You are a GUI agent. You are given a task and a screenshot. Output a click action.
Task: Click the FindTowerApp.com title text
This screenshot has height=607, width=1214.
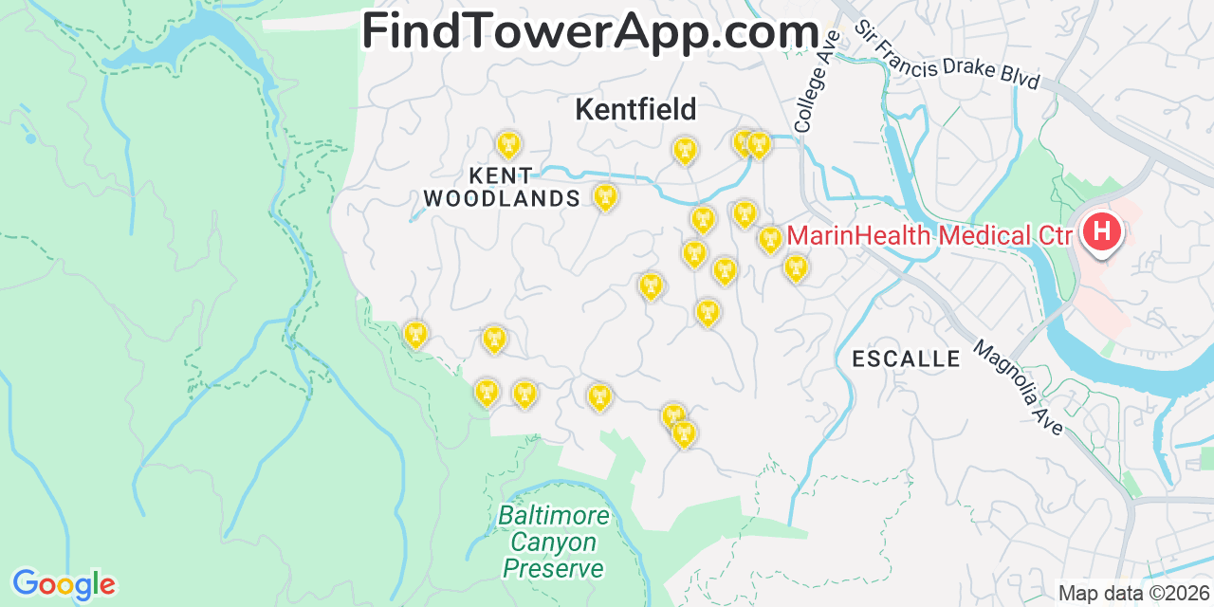click(590, 32)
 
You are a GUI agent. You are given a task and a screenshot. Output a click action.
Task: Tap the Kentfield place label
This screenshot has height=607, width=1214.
click(635, 110)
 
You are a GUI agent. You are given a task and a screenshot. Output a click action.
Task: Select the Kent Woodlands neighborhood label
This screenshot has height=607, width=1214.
click(502, 187)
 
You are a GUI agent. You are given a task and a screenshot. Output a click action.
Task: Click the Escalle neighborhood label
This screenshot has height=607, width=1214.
click(906, 359)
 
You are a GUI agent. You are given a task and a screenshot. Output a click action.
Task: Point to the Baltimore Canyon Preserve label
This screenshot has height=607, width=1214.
click(553, 543)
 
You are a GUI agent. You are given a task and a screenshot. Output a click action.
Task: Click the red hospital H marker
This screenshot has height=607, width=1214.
click(1101, 230)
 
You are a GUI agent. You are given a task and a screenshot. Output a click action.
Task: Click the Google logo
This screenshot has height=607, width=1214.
click(64, 584)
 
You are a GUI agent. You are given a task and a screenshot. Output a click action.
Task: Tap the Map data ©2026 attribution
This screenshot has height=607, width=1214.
click(1133, 594)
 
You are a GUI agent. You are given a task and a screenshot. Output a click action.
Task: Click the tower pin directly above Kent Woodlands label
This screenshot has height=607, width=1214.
click(509, 145)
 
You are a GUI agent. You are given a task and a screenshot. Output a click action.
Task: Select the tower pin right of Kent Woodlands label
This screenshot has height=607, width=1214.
click(605, 196)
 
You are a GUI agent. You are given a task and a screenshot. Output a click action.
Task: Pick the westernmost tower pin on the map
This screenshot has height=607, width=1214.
click(415, 334)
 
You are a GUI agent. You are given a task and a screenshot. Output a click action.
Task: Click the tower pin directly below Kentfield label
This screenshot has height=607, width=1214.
click(684, 150)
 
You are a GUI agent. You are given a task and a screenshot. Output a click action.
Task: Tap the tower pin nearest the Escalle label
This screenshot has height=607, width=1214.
click(796, 268)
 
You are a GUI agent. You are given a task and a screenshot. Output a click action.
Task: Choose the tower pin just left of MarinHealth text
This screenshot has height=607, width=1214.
click(770, 240)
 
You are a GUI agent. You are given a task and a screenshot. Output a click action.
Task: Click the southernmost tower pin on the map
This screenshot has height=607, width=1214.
click(683, 433)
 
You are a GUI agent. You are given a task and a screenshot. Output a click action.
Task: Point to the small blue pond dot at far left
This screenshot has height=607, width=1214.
click(31, 138)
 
